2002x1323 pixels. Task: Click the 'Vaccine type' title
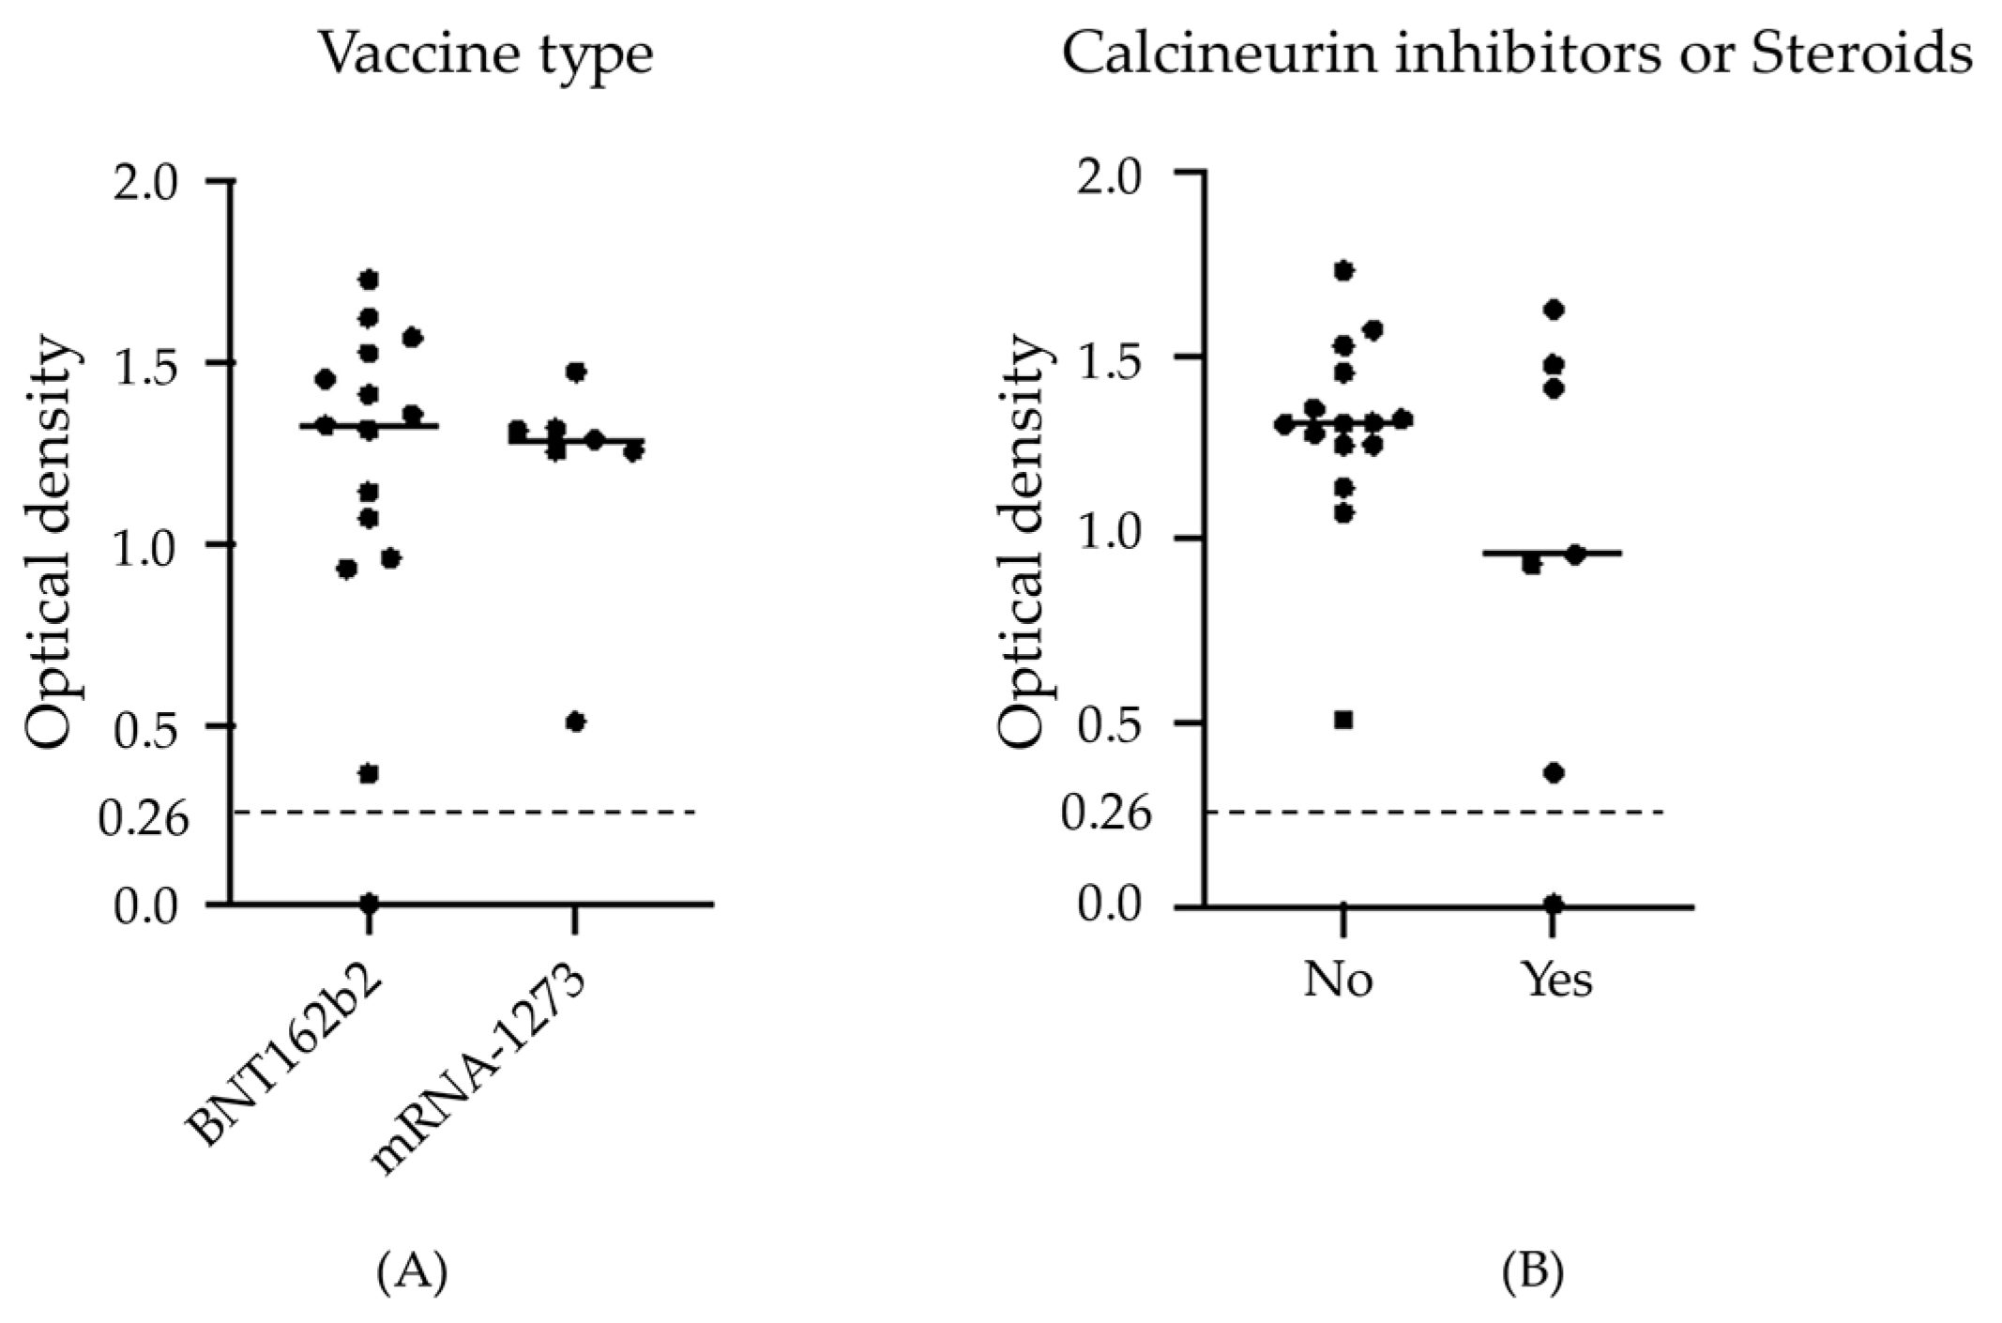[x=485, y=54]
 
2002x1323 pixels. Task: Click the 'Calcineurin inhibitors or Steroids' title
[x=1516, y=54]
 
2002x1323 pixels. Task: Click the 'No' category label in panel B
[x=1338, y=980]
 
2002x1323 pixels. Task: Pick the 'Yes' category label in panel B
[x=1557, y=980]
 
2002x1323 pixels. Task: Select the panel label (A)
[x=412, y=1273]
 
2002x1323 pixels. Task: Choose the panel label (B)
[x=1532, y=1273]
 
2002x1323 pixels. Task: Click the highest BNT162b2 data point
[x=369, y=280]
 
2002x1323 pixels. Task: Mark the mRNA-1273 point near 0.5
[x=576, y=722]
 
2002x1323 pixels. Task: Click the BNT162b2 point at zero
[x=369, y=903]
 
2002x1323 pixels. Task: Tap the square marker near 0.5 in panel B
[x=1343, y=720]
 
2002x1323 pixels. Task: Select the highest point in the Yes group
[x=1554, y=310]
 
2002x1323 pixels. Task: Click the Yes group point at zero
[x=1554, y=904]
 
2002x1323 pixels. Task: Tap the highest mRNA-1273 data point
[x=576, y=372]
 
